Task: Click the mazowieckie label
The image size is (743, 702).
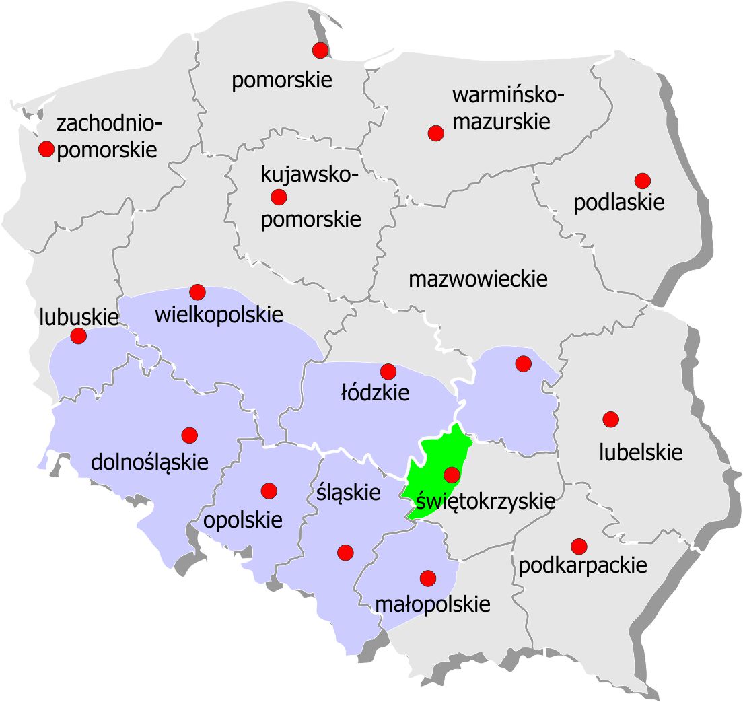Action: tap(479, 279)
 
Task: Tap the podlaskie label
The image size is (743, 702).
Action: tap(619, 203)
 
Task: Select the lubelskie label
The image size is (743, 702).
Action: tap(641, 452)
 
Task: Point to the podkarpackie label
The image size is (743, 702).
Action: tap(583, 566)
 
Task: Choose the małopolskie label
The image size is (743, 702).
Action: tap(432, 604)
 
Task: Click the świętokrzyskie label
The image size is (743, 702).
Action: tap(485, 501)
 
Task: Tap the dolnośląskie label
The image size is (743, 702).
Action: tap(149, 462)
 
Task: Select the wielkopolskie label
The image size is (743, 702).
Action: tap(219, 314)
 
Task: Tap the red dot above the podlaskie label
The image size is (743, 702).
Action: tap(643, 180)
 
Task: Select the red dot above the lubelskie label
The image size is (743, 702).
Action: tap(610, 419)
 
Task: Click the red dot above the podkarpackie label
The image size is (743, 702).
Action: tap(578, 545)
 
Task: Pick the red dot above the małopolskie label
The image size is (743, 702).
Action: tap(427, 577)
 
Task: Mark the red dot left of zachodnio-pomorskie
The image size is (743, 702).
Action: tap(46, 149)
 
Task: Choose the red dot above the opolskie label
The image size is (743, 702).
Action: tap(269, 491)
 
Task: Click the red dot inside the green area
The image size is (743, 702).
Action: tap(452, 475)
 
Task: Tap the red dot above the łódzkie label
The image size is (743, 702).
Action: tap(388, 371)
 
